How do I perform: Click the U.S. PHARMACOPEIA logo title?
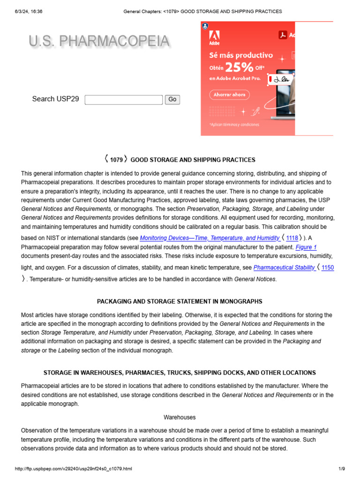[x=99, y=42]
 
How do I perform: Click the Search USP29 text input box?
[x=124, y=99]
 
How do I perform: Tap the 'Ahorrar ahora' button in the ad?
[x=229, y=95]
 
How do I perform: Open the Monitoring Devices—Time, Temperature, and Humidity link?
[x=210, y=238]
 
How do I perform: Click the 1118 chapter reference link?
[x=292, y=238]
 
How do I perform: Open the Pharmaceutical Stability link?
[x=284, y=268]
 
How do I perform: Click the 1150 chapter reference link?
[x=328, y=268]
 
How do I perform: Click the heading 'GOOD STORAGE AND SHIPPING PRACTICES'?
[x=193, y=160]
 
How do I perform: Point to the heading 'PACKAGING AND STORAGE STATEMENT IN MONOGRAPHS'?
[x=180, y=301]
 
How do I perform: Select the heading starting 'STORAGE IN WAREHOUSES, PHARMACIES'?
[x=180, y=373]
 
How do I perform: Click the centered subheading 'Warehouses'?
[x=180, y=417]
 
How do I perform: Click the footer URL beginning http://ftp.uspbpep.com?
[x=74, y=469]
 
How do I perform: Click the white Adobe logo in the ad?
[x=214, y=37]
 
